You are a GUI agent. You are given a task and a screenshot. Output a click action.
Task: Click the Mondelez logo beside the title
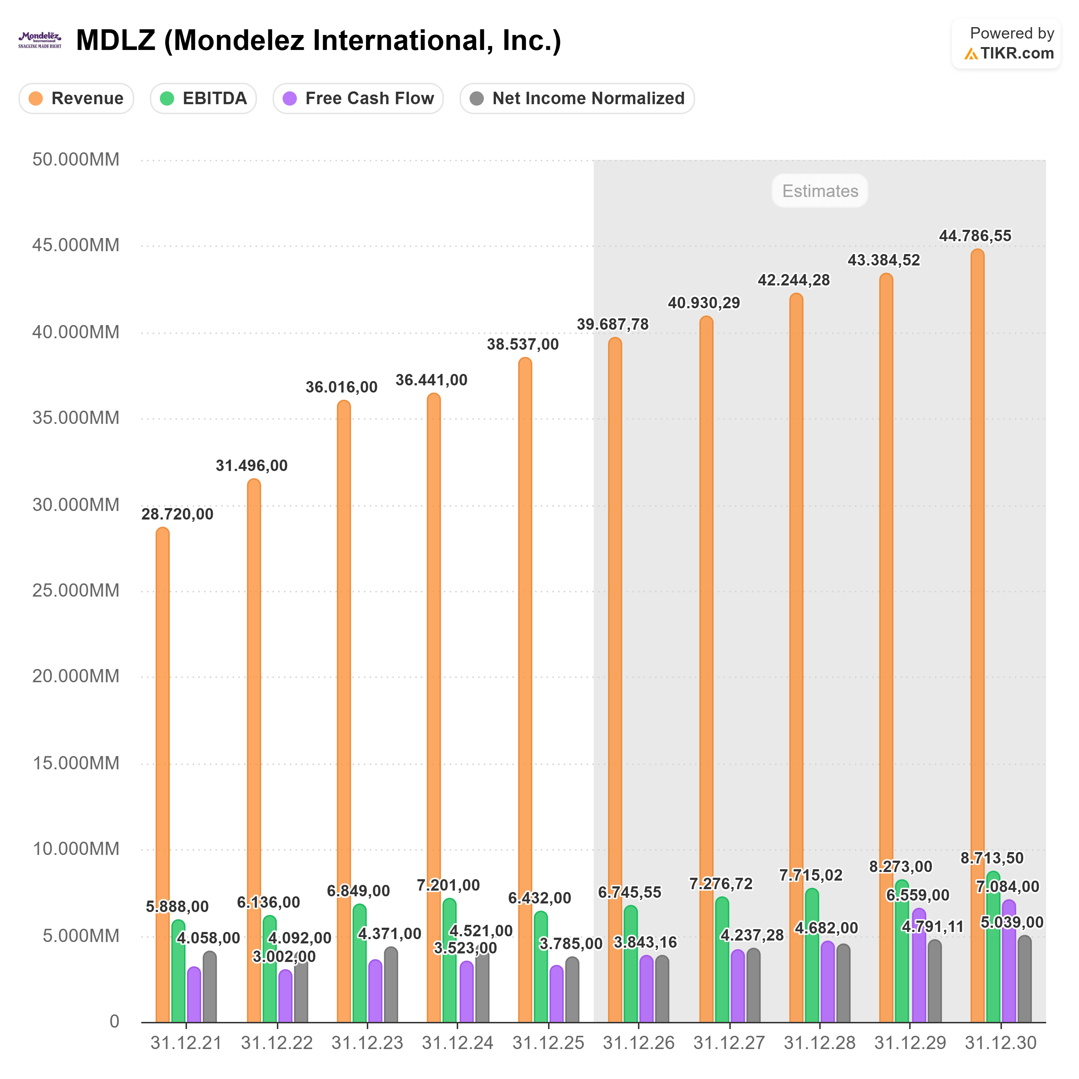click(x=40, y=40)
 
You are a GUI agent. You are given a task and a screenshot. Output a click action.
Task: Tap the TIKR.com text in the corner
click(x=1017, y=54)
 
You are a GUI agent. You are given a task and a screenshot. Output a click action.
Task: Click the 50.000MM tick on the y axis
click(x=76, y=160)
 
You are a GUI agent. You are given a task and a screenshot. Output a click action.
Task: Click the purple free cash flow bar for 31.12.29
click(x=919, y=972)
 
